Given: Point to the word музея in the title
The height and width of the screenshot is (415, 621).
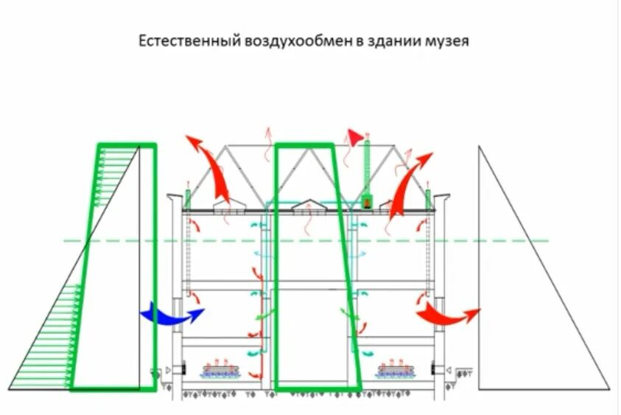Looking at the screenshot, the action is tap(446, 41).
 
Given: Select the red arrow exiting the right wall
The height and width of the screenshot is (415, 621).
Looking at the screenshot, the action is tap(446, 315).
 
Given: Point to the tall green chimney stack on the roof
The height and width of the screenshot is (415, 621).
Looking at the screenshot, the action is tap(368, 166).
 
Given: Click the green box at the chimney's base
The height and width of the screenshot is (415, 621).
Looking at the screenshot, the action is tap(368, 199).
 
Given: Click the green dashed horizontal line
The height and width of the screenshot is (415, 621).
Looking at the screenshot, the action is tap(479, 241).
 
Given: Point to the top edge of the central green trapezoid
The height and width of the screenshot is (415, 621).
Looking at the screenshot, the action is tap(304, 145).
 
